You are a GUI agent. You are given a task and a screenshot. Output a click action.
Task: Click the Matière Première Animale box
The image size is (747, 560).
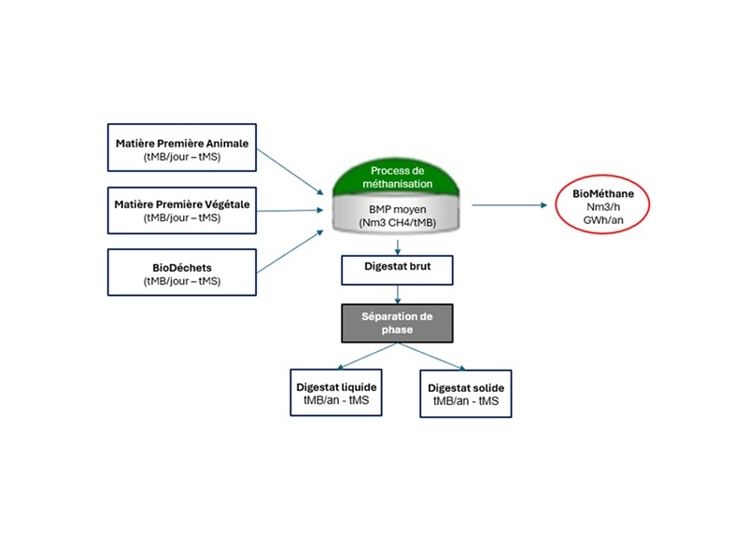pyautogui.click(x=183, y=151)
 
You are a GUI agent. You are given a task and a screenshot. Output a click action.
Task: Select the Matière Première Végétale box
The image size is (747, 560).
pyautogui.click(x=183, y=210)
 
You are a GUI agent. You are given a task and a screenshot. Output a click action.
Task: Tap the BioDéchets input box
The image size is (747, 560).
pyautogui.click(x=183, y=273)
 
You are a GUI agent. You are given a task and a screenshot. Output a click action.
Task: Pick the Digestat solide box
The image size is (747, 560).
pyautogui.click(x=466, y=393)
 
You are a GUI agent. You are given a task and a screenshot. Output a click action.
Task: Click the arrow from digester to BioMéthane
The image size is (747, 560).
pyautogui.click(x=509, y=204)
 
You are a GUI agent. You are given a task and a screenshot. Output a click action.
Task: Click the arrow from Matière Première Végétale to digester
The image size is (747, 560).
pyautogui.click(x=294, y=209)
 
